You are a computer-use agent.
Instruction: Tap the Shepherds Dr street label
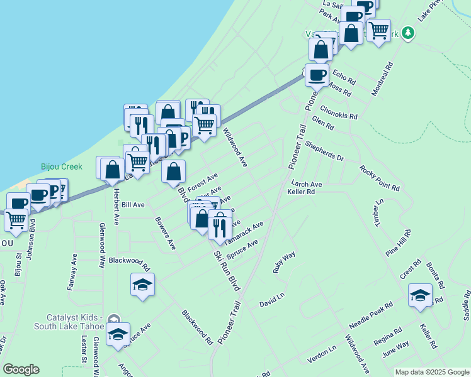325,151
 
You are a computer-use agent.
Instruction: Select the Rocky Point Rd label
380,178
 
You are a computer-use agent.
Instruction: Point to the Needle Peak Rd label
371,315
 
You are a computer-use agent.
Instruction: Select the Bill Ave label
133,205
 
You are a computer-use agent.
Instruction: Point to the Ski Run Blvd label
227,266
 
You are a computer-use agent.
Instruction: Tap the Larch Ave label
306,185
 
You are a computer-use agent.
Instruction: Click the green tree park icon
408,32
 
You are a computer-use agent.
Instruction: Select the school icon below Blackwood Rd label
143,285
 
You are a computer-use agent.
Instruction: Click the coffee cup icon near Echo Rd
317,75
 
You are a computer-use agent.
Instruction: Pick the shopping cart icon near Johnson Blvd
16,219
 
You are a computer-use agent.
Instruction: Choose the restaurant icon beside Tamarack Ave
219,227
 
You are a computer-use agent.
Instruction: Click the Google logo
21,369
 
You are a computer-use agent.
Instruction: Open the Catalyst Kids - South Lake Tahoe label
56,324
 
